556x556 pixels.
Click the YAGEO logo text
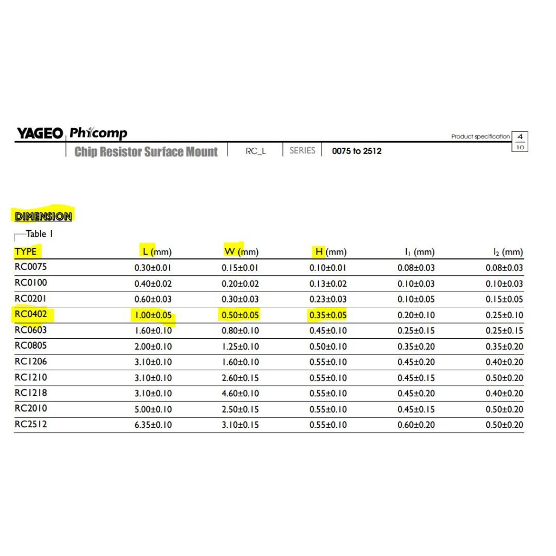(x=39, y=134)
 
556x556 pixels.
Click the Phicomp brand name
(x=98, y=133)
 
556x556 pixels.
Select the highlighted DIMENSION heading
(x=43, y=216)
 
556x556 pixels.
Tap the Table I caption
(x=39, y=235)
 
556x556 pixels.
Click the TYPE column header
(x=26, y=251)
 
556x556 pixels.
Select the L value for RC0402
(x=153, y=315)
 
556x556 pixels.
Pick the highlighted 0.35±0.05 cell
(x=328, y=315)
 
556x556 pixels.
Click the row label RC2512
(x=30, y=424)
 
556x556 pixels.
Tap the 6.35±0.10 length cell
(x=153, y=425)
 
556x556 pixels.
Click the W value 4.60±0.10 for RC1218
(x=241, y=393)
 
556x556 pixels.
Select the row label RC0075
(x=30, y=267)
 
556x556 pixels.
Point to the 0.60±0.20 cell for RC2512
(x=416, y=425)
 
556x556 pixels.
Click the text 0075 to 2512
(x=357, y=151)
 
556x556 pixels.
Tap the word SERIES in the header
(x=302, y=150)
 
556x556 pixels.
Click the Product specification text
(x=481, y=136)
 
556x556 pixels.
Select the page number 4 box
(x=520, y=136)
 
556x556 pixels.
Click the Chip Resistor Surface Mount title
(x=146, y=151)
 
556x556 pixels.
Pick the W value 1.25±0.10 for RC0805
(x=241, y=346)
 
